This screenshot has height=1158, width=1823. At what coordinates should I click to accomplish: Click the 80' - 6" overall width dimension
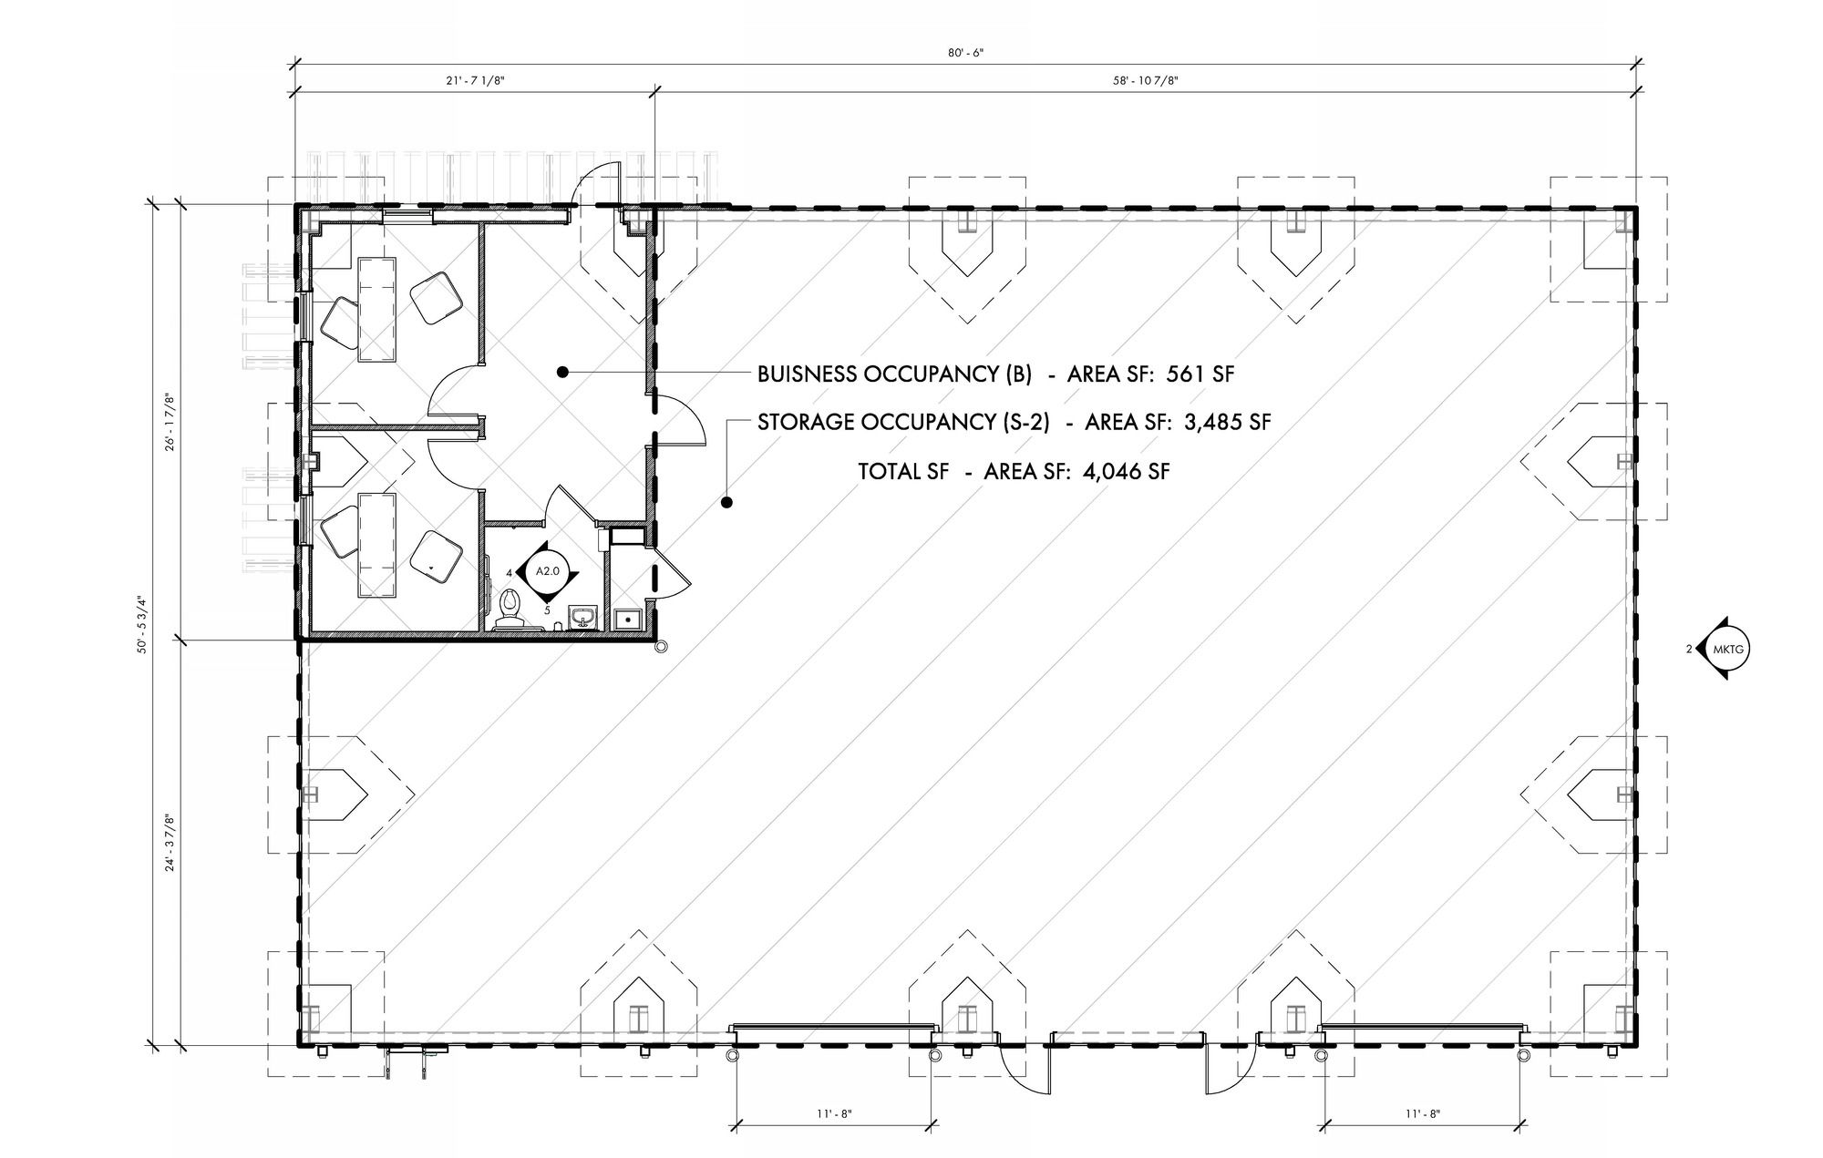coord(965,53)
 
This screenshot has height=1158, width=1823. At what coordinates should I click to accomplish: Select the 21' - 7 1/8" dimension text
coord(475,81)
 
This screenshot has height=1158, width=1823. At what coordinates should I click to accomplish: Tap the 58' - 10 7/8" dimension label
coord(1146,81)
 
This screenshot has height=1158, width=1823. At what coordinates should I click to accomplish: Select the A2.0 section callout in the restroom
coord(545,571)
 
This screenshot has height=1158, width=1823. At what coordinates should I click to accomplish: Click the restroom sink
coord(582,618)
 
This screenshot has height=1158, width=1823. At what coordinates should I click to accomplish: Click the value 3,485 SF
coord(1226,422)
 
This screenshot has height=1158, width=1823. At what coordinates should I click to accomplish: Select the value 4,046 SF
coord(1126,471)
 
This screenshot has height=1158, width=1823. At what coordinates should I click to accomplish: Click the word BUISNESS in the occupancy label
coord(807,374)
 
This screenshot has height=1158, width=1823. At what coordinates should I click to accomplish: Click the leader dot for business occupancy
coord(563,371)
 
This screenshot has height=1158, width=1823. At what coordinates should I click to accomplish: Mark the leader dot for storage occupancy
coord(726,501)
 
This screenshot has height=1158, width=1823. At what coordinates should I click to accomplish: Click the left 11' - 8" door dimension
coord(833,1112)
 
